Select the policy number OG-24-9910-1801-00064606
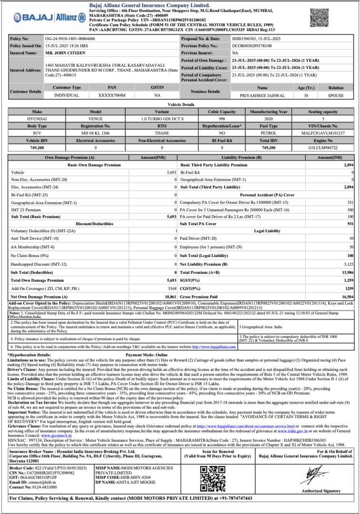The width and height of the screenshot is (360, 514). click(x=69, y=38)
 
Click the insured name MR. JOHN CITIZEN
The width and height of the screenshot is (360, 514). click(x=62, y=53)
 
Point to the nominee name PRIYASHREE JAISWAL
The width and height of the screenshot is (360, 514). click(x=262, y=95)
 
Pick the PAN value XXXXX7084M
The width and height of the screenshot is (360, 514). click(x=112, y=95)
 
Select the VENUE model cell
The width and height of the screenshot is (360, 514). click(x=96, y=119)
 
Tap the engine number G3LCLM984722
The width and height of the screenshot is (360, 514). click(x=323, y=148)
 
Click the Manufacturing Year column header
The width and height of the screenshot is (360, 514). click(x=269, y=111)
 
